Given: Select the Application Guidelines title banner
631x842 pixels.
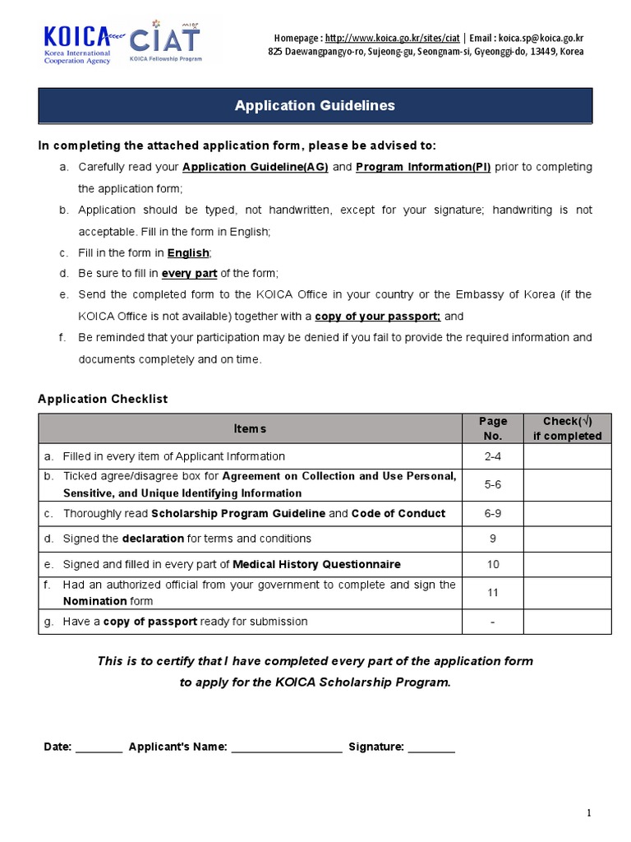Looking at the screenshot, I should coord(315,105).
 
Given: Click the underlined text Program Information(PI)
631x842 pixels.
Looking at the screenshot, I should coord(423,167).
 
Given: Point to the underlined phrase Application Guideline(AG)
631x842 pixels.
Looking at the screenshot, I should coord(256,167).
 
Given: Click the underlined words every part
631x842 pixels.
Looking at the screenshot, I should coord(188,273).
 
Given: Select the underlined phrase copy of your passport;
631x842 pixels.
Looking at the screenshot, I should coord(378,316).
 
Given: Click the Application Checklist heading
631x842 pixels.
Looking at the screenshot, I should coord(103,399).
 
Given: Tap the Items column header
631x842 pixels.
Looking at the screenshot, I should coord(250,428).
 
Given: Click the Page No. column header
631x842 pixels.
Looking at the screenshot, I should coord(492,428).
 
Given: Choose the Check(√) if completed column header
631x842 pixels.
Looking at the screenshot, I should coord(567,428).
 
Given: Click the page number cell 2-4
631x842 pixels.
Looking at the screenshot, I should coord(492,456).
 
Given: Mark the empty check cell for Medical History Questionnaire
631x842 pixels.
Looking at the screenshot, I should coord(567,564).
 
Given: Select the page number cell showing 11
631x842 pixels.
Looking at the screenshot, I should coord(492,593).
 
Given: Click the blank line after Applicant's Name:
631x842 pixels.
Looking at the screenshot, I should coord(286,747).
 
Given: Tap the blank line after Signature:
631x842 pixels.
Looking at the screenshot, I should coord(431,747).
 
